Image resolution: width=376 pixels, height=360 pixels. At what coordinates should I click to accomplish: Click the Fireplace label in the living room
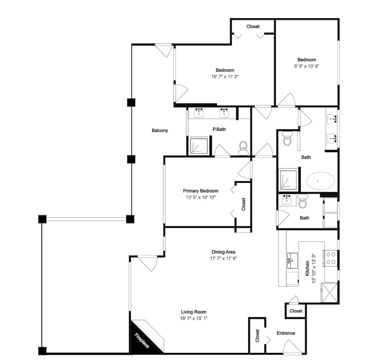141,340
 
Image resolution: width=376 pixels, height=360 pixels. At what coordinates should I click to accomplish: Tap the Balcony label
160,130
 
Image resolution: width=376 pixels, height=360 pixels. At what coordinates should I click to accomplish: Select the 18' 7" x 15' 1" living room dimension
194,318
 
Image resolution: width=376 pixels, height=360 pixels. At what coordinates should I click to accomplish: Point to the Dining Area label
223,252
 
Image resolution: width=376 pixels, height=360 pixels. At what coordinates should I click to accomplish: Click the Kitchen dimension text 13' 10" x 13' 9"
314,268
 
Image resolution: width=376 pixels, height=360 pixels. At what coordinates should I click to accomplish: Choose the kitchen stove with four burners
331,259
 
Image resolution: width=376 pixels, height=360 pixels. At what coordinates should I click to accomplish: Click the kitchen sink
292,260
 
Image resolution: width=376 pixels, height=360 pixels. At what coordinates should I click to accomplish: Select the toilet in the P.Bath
243,148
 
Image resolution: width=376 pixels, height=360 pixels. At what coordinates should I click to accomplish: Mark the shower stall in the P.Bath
199,146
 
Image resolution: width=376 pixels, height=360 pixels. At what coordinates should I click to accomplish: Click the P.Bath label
219,129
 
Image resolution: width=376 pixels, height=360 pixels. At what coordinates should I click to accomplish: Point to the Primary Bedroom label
201,191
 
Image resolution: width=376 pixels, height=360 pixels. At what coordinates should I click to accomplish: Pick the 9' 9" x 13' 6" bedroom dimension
307,66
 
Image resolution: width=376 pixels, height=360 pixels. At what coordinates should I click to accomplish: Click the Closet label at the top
253,26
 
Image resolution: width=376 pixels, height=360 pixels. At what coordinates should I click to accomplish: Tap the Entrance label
286,333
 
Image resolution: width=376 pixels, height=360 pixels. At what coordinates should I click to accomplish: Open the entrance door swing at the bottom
292,347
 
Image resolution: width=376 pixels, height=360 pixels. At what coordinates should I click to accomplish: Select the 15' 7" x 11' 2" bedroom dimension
225,77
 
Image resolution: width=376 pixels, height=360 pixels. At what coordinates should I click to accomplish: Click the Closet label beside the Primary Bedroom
243,204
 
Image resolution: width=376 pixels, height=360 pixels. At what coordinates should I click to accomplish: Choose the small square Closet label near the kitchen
296,311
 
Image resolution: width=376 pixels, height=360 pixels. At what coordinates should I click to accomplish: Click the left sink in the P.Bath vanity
199,113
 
